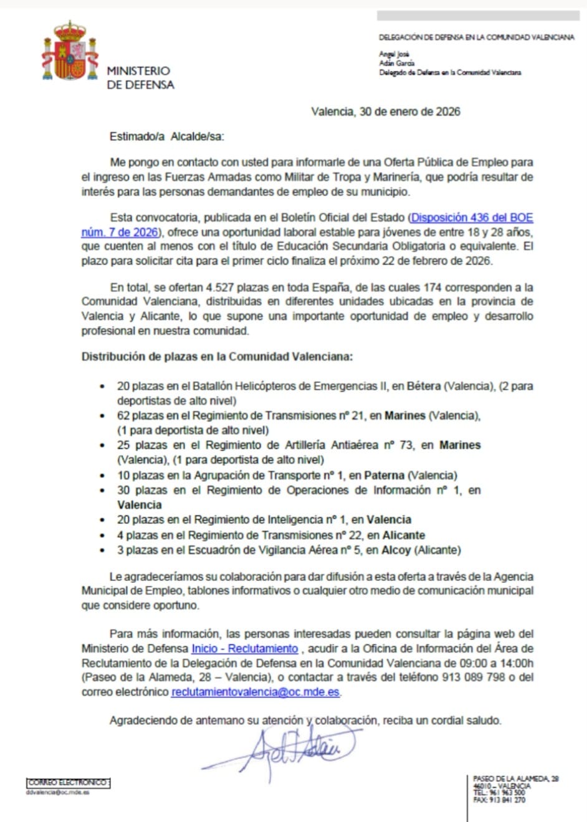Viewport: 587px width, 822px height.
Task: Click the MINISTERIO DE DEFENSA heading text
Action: click(140, 78)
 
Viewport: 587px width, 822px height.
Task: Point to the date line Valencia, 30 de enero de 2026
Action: click(385, 112)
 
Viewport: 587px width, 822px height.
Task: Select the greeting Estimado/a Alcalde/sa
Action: click(166, 136)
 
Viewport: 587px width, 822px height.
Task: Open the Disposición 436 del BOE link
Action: click(472, 218)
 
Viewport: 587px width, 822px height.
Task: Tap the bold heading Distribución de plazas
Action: click(217, 357)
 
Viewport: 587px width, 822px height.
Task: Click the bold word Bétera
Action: click(423, 386)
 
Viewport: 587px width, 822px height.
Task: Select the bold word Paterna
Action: click(384, 475)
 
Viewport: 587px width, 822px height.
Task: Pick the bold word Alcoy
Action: click(396, 550)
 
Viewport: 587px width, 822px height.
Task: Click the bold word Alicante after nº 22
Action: click(404, 535)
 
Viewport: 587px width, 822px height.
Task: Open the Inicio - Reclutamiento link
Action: click(244, 648)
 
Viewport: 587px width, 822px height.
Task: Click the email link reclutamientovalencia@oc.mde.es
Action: click(255, 692)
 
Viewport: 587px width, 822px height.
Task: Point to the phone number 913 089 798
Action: click(473, 678)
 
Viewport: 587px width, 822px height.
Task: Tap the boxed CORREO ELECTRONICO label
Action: click(69, 783)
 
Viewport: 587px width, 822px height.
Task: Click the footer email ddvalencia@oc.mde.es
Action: click(58, 793)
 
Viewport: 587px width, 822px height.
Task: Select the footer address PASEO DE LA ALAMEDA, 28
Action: click(516, 779)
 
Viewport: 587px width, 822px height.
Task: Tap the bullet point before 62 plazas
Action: click(102, 416)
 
